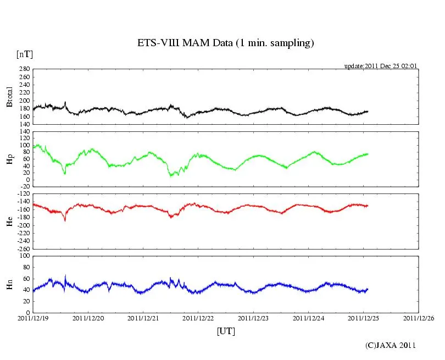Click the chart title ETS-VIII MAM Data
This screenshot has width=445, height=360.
225,43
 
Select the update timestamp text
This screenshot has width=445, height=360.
381,66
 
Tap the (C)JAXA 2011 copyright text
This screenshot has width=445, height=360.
391,345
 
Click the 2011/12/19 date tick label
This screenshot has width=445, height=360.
32,318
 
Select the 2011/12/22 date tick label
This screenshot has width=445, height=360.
198,318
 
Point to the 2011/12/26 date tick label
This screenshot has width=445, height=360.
419,318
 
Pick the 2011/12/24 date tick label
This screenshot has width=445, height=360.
309,318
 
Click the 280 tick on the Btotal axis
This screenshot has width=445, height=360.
24,69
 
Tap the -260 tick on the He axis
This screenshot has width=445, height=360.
22,248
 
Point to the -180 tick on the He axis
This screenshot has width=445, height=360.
22,218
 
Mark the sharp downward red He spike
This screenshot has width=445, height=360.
65,220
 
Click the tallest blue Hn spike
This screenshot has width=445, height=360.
65,276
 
